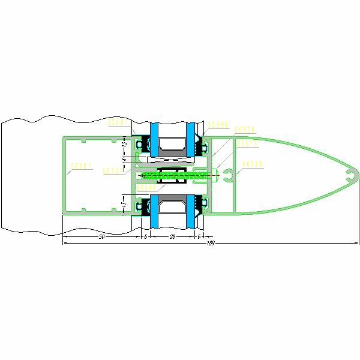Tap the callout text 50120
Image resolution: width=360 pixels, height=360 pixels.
[x=245, y=130]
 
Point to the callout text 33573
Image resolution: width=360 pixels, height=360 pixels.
[x=248, y=144]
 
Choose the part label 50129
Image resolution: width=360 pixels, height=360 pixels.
[x=253, y=163]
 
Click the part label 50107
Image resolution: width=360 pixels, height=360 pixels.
[x=80, y=166]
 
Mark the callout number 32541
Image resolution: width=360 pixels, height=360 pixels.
[x=146, y=188]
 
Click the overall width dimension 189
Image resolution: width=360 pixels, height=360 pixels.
[x=210, y=243]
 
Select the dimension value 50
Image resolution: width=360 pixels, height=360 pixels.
[x=101, y=237]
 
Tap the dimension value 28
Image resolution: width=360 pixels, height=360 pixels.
[x=173, y=237]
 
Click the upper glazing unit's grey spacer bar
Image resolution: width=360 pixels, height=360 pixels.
[x=173, y=144]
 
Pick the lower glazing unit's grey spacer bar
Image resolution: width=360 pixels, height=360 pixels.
[x=173, y=207]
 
